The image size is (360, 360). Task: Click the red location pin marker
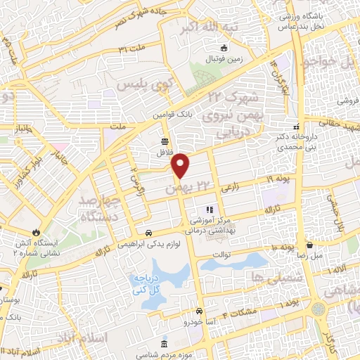click(x=181, y=166)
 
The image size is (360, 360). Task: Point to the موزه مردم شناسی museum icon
click(x=165, y=345)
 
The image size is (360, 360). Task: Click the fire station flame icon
click(x=36, y=233)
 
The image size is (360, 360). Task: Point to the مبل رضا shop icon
click(x=310, y=245)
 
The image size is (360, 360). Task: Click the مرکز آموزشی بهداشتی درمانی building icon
click(x=208, y=210)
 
